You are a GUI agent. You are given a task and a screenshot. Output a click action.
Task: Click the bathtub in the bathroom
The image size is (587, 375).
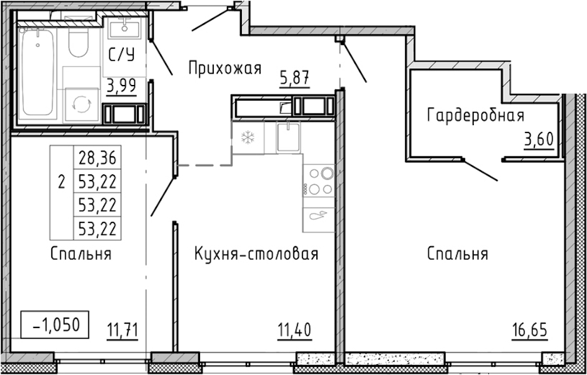pos(38,72)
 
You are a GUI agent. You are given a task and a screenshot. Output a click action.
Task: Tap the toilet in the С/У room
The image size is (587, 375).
pos(78,41)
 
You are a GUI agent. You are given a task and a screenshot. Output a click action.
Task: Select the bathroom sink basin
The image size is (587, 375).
pos(124,29)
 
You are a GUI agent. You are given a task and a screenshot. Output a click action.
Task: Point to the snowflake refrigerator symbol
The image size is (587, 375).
pos(248,137)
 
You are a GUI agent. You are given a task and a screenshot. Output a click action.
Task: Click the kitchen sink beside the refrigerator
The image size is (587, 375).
pos(288,137)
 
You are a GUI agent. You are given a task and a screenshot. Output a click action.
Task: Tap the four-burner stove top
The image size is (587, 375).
pos(319,181)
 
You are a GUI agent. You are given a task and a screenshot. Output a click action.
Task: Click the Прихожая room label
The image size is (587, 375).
pos(224,68)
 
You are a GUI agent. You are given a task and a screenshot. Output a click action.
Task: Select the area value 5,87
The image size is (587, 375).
pos(294,79)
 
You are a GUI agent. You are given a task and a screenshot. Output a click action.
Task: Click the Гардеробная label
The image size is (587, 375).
pos(476,116)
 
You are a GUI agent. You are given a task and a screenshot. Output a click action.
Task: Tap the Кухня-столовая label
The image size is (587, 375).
pos(256,254)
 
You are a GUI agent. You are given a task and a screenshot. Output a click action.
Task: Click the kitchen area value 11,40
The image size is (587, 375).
pos(294,331)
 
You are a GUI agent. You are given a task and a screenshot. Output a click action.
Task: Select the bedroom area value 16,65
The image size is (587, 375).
pos(529,331)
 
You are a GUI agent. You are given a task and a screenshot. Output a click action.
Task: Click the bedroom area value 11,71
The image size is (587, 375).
pos(123,331)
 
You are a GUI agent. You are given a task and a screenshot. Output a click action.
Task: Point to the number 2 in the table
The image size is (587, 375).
pos(61,182)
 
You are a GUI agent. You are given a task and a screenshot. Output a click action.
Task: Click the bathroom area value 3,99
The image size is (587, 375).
pos(121,87)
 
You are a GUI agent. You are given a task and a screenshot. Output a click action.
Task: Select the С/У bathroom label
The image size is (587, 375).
pos(121,56)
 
